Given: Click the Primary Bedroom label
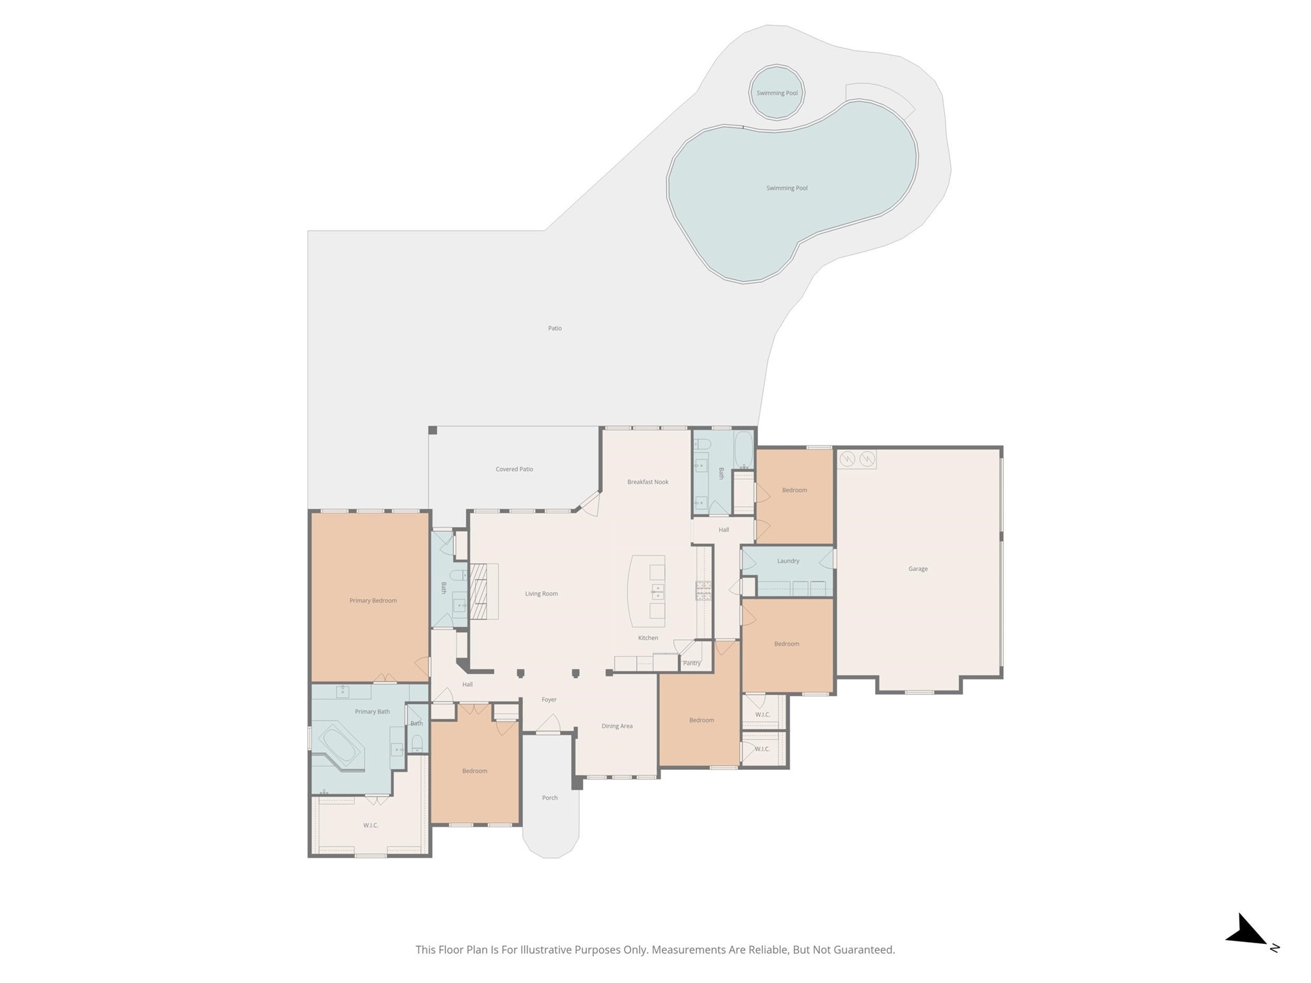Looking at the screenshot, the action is pos(373,600).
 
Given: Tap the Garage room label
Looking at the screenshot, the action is pos(918,568).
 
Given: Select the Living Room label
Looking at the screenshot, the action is pos(542,594).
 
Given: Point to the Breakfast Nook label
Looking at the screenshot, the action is pos(648,482).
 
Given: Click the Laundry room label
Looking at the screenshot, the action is pos(788,561).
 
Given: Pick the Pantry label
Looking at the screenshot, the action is pos(692,663).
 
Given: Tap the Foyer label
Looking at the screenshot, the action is pos(549,699).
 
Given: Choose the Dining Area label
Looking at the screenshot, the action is pos(617,726).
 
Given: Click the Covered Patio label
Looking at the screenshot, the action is pos(515,469).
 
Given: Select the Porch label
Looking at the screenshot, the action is pos(550,797).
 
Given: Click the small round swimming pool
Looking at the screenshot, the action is pos(777,92).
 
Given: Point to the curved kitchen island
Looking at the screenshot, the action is pos(647,591).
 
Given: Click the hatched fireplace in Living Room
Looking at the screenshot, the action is pos(479,591).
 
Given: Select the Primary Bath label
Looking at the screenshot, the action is pos(373,712).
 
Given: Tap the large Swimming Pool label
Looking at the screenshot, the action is pos(787,188).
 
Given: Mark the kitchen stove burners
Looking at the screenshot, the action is pos(704,590).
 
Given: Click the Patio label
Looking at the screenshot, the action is pos(555,328).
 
